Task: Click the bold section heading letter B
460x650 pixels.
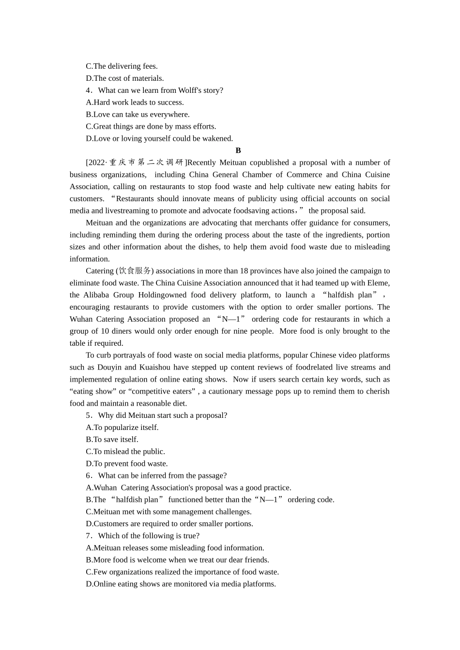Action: tap(238, 150)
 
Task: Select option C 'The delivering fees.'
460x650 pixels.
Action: tap(122, 66)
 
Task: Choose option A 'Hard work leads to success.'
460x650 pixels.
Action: tap(135, 103)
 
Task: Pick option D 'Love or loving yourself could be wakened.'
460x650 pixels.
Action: tap(159, 138)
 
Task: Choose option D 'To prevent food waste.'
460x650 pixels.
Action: tap(127, 463)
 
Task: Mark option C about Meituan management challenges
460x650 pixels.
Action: tap(169, 512)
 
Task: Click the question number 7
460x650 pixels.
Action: tap(89, 536)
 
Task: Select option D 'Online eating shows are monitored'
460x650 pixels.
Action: tap(181, 584)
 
